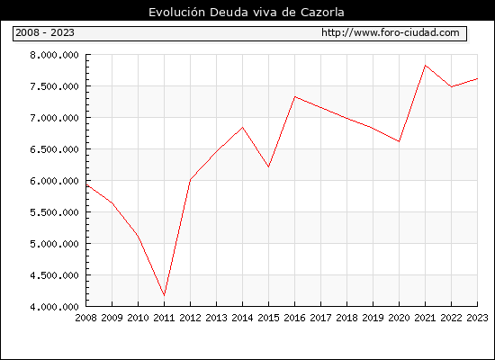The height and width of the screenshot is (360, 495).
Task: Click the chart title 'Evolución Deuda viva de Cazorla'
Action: tap(247, 13)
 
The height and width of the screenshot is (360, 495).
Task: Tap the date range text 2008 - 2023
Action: tap(45, 32)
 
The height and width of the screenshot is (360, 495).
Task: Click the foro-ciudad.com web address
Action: tap(391, 32)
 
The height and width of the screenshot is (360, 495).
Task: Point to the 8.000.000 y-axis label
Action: tap(54, 55)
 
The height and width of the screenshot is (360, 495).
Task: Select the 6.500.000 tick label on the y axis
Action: tap(54, 149)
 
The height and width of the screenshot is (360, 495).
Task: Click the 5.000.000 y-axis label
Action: tap(54, 244)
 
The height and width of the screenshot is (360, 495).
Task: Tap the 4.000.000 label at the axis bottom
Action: tap(54, 307)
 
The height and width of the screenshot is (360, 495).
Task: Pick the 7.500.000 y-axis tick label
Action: tap(54, 86)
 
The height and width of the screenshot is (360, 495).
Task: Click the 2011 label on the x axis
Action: tap(164, 318)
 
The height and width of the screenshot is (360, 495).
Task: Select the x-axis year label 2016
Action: tap(294, 318)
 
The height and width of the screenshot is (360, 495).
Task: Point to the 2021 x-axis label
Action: tap(425, 318)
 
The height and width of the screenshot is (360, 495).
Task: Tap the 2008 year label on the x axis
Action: tap(85, 318)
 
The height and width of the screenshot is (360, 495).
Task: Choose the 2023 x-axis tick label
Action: tap(477, 318)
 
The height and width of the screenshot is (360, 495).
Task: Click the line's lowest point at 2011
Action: tap(164, 295)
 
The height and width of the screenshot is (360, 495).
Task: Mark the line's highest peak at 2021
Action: tap(425, 66)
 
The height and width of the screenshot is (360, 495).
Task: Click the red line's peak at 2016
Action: tap(294, 96)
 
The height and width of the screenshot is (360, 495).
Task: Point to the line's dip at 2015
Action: tap(269, 166)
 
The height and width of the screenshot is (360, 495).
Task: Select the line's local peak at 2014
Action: tap(242, 127)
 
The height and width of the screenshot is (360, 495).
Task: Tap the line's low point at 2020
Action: tap(399, 141)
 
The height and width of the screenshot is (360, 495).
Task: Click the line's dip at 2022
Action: tap(452, 86)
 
